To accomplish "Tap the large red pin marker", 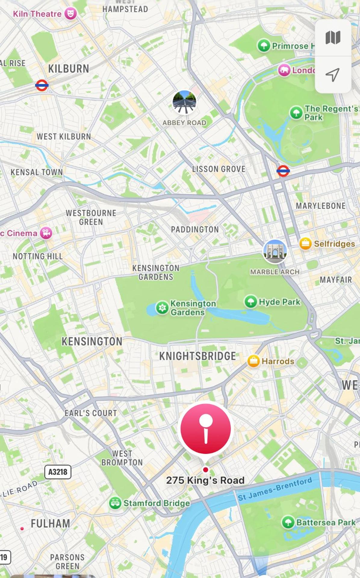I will [x=206, y=429].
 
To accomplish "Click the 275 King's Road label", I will [x=205, y=480].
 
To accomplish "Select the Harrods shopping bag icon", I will [x=253, y=361].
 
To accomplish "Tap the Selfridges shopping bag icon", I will [x=305, y=244].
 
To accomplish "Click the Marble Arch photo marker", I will [x=275, y=251].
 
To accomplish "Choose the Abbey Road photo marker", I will [x=185, y=102].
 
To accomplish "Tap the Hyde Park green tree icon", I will [x=251, y=302].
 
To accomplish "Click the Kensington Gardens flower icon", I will [x=162, y=308].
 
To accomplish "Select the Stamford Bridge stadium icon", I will [x=115, y=503].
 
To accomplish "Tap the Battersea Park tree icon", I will [x=288, y=522].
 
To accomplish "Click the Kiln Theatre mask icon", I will [x=70, y=14].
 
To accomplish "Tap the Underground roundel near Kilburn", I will [x=42, y=85].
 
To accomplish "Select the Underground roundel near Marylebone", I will [x=283, y=171].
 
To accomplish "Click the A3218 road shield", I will [x=58, y=472].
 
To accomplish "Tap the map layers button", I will [x=333, y=38].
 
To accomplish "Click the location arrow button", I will [x=333, y=74].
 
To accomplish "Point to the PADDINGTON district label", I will [x=195, y=229].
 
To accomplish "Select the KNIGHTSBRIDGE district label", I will [x=197, y=356].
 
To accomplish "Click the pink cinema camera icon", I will [x=46, y=233].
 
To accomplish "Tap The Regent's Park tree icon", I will [x=296, y=113].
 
